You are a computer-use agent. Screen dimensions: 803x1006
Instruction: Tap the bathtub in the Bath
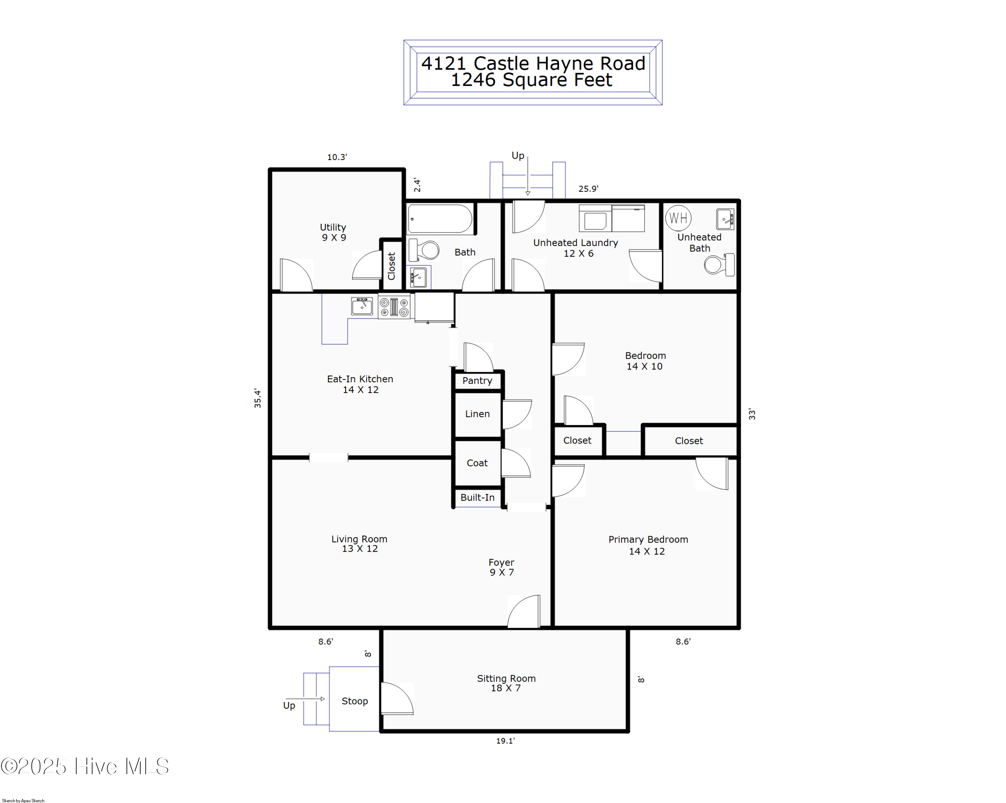coord(440,218)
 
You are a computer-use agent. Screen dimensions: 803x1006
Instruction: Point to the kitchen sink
coord(361,306)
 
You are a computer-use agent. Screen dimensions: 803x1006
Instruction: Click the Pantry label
coord(477,381)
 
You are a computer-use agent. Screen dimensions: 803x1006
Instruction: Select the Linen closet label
coord(477,414)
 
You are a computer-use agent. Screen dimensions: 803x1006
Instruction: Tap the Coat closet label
coord(477,463)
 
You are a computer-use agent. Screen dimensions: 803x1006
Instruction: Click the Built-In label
coord(477,497)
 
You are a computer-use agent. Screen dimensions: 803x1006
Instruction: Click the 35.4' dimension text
coord(258,398)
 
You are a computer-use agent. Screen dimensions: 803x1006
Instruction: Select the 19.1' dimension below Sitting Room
coord(505,741)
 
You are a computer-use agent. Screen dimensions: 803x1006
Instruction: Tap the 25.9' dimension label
coord(588,189)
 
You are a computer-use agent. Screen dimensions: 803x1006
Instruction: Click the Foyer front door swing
coord(524,612)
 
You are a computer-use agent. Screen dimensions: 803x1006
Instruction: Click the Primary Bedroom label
coord(648,539)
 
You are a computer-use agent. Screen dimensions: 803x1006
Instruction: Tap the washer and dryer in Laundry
coord(611,218)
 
